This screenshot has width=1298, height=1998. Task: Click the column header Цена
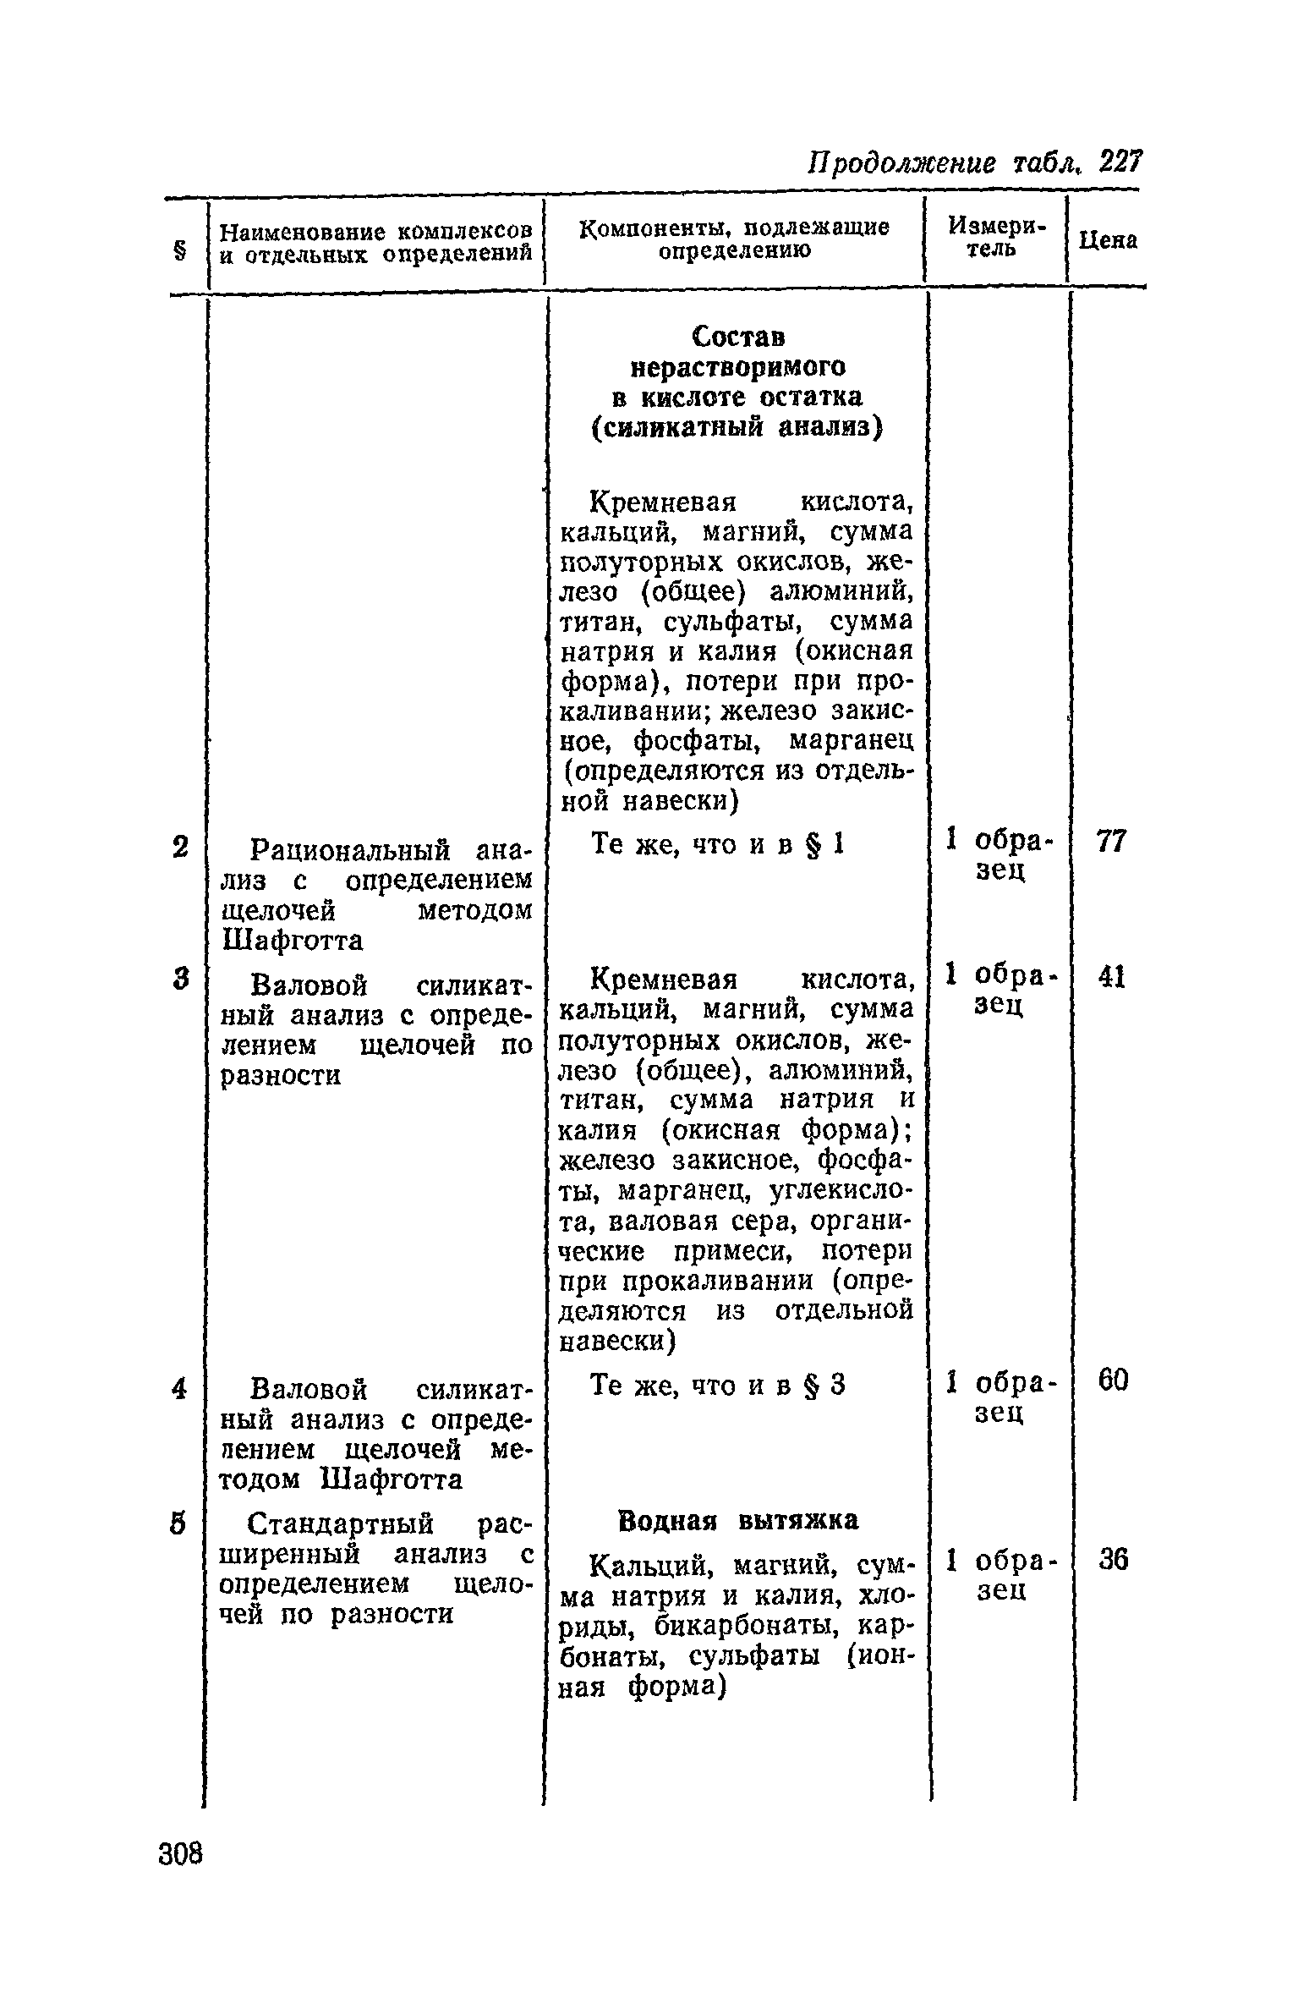(1109, 241)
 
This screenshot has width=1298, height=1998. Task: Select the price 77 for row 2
(1111, 842)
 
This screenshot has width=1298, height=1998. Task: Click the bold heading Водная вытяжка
(738, 1520)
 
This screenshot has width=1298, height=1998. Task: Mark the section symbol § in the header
(179, 251)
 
